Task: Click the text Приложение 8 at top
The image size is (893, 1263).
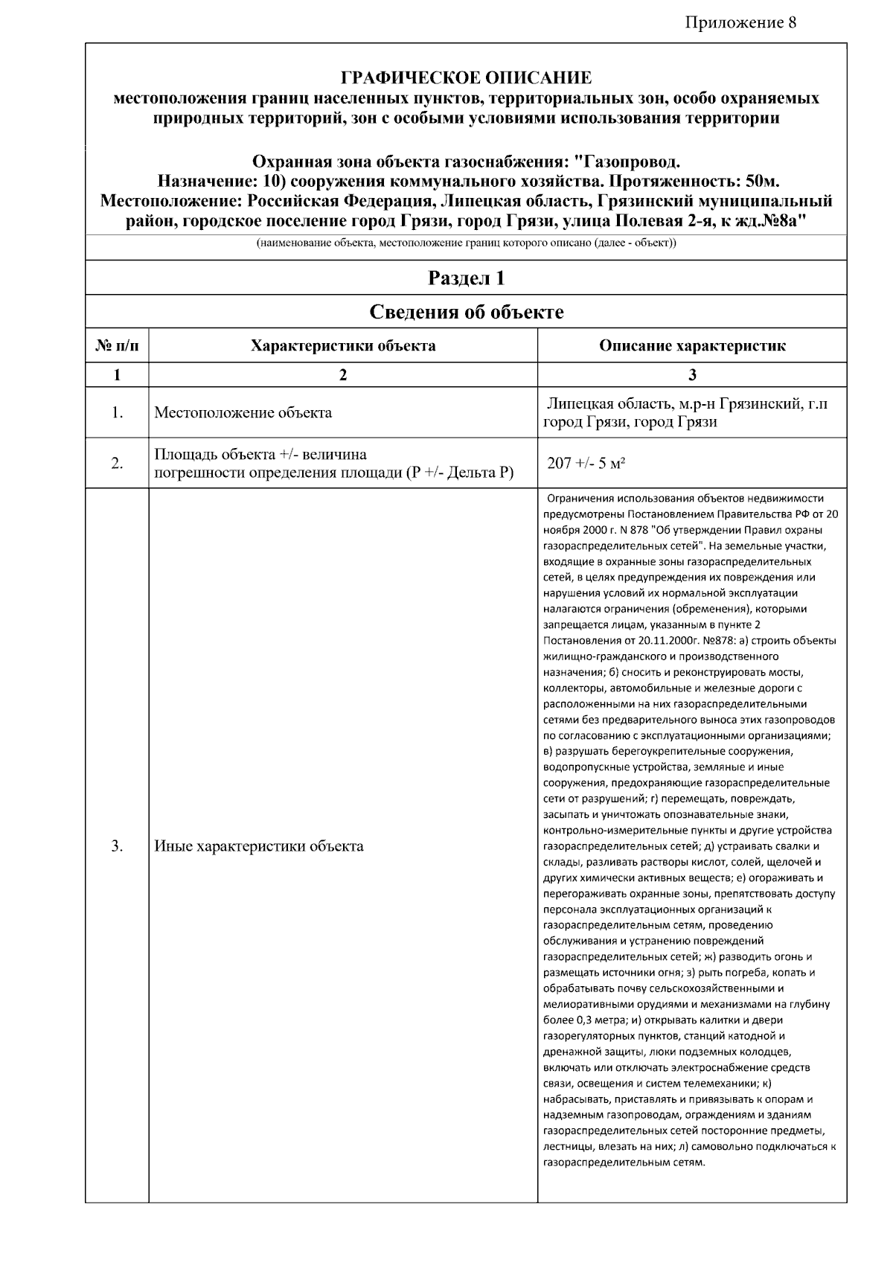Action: click(740, 22)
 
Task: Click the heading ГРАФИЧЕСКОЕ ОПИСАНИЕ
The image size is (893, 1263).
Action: click(466, 77)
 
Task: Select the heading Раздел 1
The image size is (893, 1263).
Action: click(466, 278)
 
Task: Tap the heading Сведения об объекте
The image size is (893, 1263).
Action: click(466, 312)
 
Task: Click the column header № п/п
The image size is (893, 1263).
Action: click(117, 346)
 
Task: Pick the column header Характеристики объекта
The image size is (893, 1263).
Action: click(343, 346)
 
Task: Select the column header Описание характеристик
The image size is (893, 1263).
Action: click(692, 346)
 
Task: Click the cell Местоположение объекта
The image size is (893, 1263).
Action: click(243, 412)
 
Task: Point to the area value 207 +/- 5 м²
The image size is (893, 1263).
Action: click(586, 463)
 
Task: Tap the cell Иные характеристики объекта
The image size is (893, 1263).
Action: click(258, 846)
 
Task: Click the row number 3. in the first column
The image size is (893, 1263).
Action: click(117, 846)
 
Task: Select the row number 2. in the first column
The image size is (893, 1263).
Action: click(117, 463)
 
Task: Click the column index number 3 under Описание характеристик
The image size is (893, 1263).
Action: click(692, 375)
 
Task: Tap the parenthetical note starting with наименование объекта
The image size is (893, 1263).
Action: click(466, 244)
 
